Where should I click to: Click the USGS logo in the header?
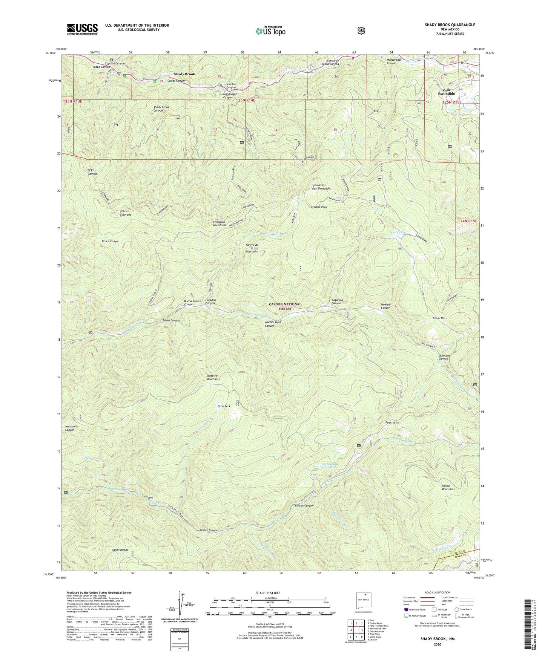point(82,29)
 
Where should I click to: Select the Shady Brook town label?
point(184,74)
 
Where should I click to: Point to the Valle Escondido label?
point(446,92)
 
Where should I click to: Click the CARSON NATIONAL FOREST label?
point(285,306)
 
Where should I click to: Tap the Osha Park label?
point(223,406)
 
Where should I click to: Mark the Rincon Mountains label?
point(448,487)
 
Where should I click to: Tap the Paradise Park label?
point(318,207)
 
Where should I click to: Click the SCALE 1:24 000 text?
point(267,593)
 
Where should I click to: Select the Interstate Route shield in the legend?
point(406,609)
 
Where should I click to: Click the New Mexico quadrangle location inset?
point(364,601)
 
